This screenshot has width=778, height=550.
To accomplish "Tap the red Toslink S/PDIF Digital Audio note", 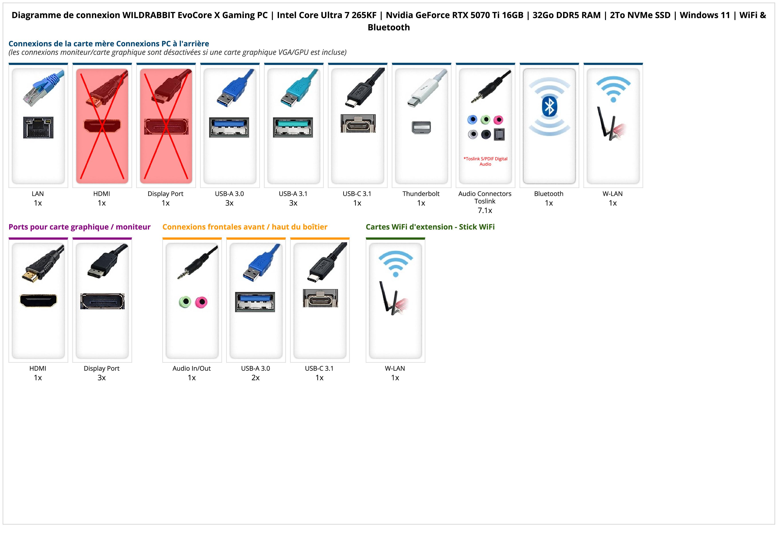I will coord(485,161).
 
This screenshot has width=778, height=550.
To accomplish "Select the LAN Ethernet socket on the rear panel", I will coord(38,127).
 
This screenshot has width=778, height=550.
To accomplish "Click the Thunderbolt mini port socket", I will coord(421,127).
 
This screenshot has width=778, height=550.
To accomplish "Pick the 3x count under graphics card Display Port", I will coord(102,378).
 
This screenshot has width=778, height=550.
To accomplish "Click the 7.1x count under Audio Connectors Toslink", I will coord(485,211).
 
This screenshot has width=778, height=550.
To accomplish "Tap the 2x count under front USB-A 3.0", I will coord(255,378).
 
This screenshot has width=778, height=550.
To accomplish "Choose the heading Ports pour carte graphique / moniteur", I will coord(79,227).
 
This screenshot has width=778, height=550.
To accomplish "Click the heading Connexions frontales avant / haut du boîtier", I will coord(245,227).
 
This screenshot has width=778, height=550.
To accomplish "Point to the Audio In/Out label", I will coord(191,368).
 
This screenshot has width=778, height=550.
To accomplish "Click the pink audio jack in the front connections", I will coord(201,302).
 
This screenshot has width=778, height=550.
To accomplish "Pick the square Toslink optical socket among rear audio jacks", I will coord(499,134).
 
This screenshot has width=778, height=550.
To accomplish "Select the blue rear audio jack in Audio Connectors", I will coord(472,119).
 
